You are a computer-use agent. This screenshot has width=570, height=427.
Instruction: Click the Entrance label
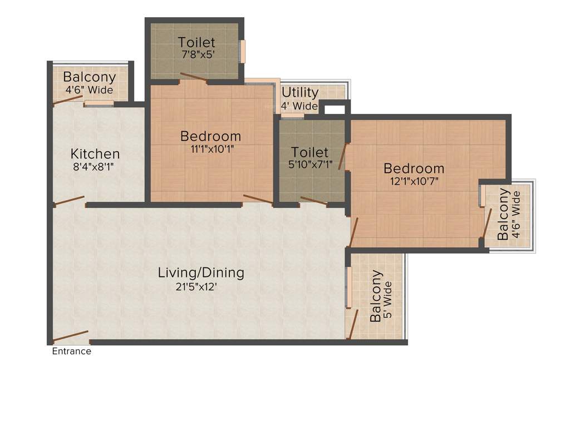point(71,351)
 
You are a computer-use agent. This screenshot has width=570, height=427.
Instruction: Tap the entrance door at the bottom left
point(71,337)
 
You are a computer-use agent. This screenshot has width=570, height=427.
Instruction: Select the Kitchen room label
point(95,153)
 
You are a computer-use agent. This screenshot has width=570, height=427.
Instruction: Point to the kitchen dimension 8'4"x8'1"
point(95,166)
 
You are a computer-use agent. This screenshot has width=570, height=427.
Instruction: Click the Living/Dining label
point(201,272)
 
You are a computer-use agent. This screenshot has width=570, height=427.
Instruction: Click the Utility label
point(300,92)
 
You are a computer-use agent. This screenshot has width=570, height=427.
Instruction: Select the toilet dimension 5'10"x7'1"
point(310,164)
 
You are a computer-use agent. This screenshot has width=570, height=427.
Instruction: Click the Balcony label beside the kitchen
point(90,77)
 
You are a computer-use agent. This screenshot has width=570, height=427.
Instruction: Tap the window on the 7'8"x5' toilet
point(242,52)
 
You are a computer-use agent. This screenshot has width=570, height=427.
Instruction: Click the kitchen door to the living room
point(70,201)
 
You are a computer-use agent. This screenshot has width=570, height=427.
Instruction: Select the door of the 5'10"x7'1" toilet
point(313,201)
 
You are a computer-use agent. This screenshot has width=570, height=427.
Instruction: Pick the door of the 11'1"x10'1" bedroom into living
point(258,199)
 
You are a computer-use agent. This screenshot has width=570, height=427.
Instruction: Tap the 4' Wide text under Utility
point(299,106)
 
